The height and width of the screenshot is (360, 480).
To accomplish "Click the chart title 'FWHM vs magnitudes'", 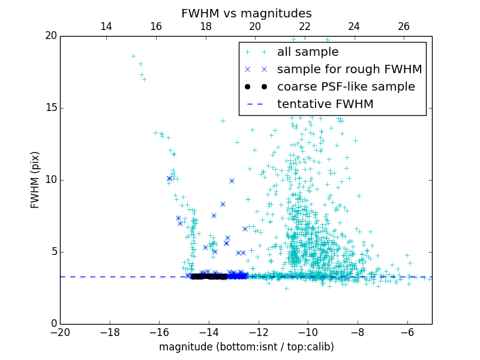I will point(246,13).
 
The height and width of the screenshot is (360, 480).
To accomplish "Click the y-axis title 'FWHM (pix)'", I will point(35,179).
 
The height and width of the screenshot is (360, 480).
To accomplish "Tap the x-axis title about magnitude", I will point(246,347).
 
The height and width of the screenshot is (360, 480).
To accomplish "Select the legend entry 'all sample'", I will point(308,52).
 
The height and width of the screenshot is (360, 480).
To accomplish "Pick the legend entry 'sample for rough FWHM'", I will point(349,70).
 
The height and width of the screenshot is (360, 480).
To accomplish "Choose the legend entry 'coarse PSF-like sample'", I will point(346,87).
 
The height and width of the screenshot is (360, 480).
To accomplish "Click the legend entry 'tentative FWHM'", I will point(325,104).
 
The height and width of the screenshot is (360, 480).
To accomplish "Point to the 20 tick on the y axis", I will point(50,36).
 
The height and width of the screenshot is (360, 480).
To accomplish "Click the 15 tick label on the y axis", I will point(50,108).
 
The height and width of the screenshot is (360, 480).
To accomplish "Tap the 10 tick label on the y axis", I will point(50,180).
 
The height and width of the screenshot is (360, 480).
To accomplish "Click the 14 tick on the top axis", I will point(106,26).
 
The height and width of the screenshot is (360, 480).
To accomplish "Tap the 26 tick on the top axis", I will point(404,26).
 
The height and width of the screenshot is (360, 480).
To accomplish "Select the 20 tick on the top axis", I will point(255,26).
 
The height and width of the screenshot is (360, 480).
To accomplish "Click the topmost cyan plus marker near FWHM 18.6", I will point(133,56).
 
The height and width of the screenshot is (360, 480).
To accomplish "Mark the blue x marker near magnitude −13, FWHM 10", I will point(232,181).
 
